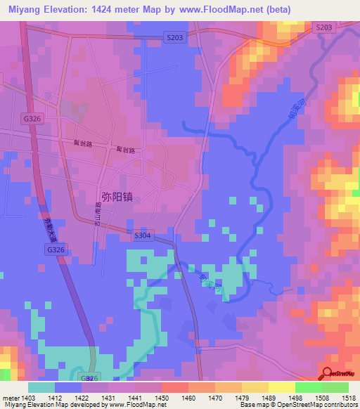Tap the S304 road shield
[141, 236]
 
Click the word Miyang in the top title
[27, 9]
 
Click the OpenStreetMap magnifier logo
[327, 374]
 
